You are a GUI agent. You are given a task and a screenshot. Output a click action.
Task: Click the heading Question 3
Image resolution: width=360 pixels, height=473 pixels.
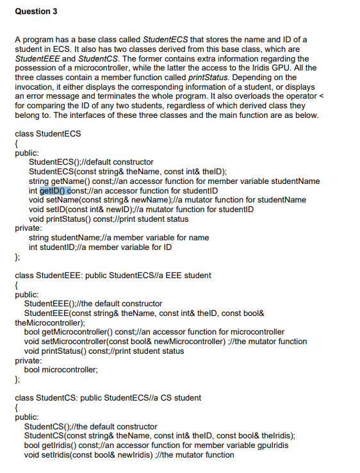point(33,10)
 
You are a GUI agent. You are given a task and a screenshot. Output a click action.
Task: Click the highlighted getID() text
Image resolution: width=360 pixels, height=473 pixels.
point(55,190)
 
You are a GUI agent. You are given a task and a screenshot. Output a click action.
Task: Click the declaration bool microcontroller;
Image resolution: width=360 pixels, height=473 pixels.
point(61,370)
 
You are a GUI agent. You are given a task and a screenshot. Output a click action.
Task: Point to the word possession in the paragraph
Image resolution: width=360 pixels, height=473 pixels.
point(37,69)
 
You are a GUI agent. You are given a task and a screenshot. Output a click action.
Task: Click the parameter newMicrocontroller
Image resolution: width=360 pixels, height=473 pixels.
point(169,342)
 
